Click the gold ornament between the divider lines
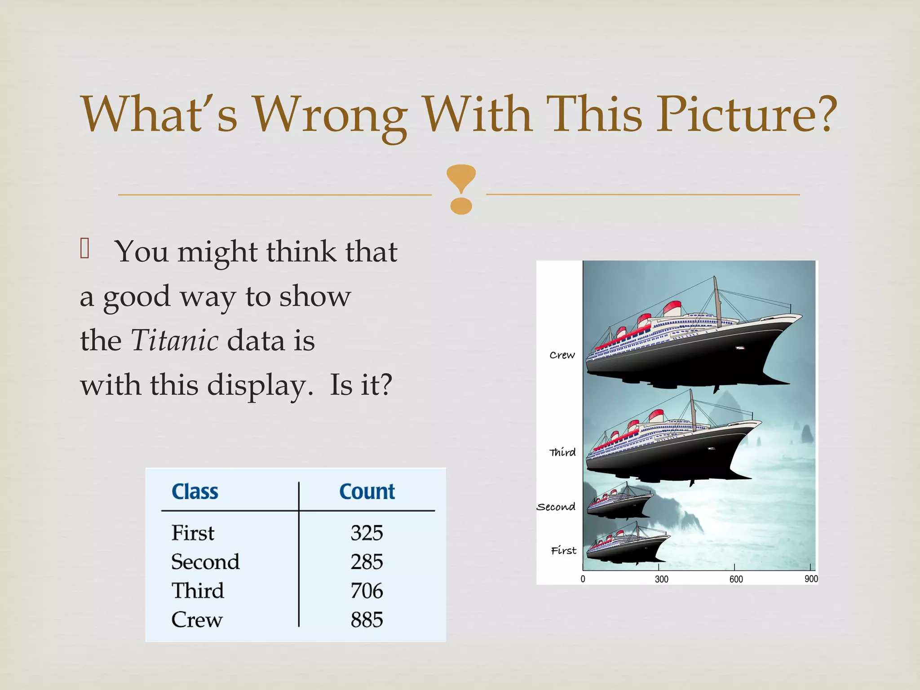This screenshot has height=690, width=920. pos(461,189)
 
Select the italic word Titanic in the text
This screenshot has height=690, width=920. pos(175,340)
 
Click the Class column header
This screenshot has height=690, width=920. pos(195,491)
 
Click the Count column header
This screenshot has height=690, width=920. pos(367,491)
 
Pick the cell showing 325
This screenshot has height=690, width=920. pos(367,533)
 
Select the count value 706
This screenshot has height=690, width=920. pos(367,591)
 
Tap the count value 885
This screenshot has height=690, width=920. pos(367,620)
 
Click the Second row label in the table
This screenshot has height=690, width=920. pos(205,562)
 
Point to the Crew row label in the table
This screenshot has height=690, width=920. pos(197,620)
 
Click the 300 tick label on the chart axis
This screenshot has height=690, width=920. pos(661,579)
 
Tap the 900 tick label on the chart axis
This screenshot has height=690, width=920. pos(811,579)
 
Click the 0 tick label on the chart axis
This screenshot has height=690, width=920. pos(583,579)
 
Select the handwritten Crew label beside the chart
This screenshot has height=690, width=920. pos(562,355)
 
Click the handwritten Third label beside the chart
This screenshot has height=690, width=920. pos(562,452)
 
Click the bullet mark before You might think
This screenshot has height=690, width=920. pos(85,248)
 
